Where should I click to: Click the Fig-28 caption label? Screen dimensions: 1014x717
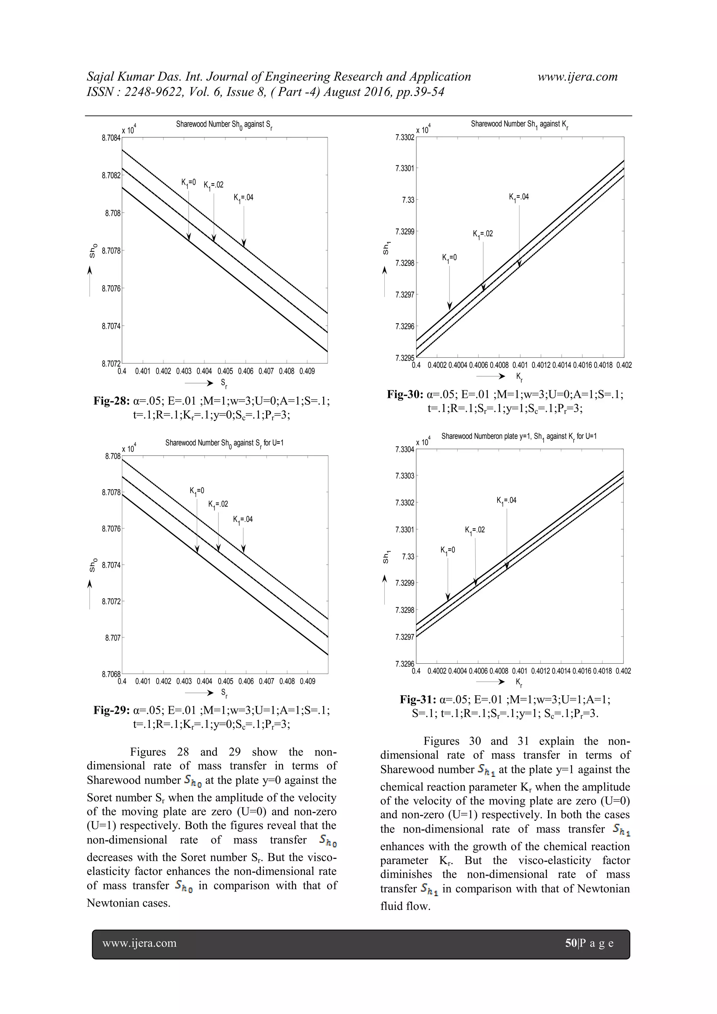pos(112,401)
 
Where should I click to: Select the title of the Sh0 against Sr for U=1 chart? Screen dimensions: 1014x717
pos(224,443)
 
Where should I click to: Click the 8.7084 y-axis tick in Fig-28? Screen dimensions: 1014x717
pos(111,138)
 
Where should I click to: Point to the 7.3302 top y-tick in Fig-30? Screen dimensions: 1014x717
pos(405,137)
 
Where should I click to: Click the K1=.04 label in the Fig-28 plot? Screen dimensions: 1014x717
pos(244,198)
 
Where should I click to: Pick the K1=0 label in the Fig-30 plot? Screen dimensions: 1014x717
pos(450,258)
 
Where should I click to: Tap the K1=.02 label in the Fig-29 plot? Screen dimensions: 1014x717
pos(218,504)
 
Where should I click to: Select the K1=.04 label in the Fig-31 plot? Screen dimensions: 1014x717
pos(506,501)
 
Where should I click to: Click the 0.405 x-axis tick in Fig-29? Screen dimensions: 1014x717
pos(225,682)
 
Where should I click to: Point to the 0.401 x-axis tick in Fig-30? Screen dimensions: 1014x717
pos(520,365)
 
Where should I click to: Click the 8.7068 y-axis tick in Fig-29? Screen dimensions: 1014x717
pos(111,674)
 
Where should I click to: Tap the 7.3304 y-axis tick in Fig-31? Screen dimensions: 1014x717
pos(405,450)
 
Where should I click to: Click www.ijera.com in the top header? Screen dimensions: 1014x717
pos(577,77)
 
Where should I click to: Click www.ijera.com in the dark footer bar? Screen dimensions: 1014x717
pos(140,943)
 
